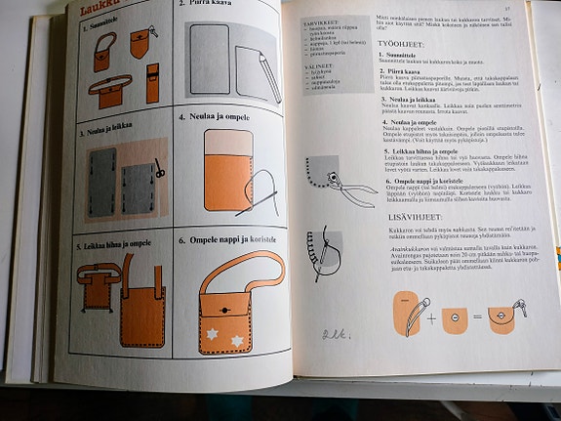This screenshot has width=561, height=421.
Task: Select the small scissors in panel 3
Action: [x=159, y=169]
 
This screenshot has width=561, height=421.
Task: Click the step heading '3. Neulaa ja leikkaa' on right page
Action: [x=410, y=101]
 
